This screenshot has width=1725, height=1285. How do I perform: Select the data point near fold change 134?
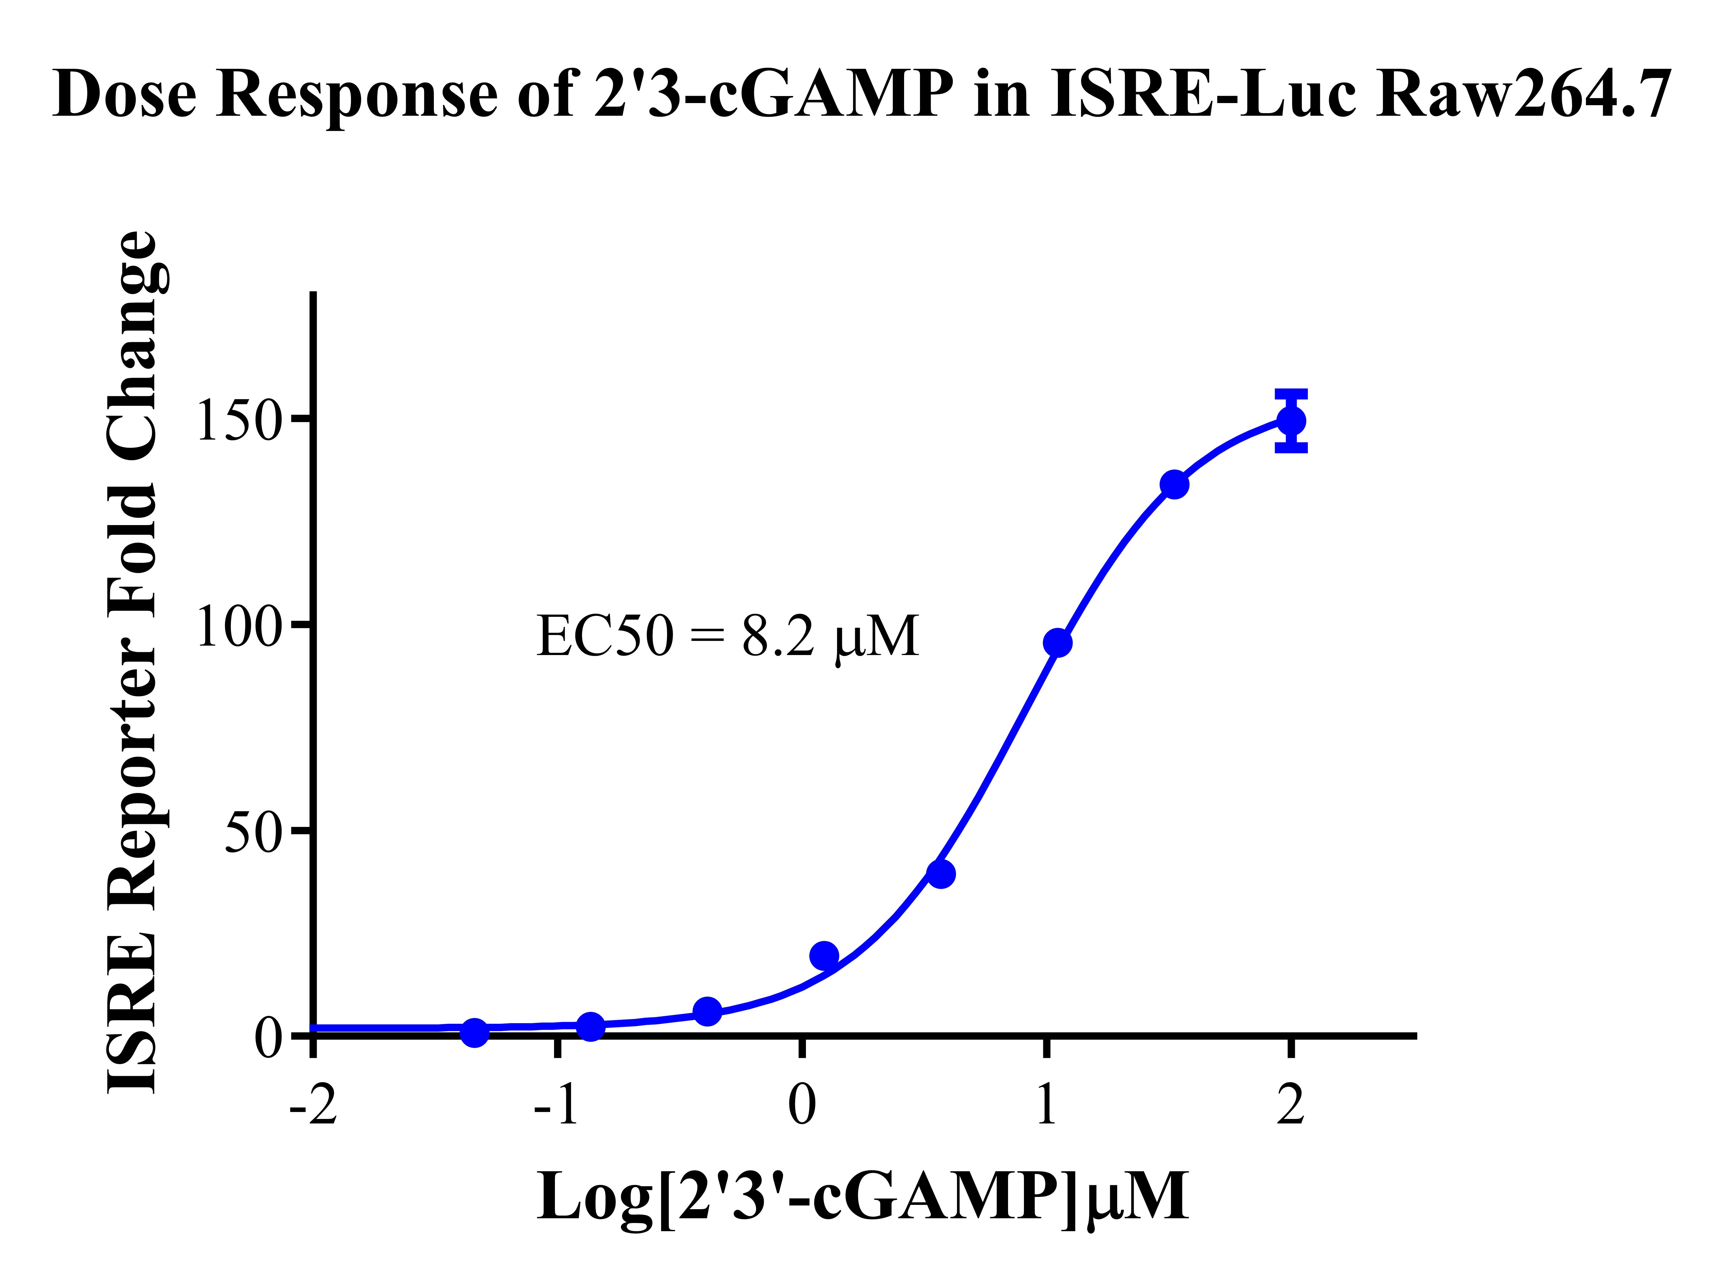pos(1174,484)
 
